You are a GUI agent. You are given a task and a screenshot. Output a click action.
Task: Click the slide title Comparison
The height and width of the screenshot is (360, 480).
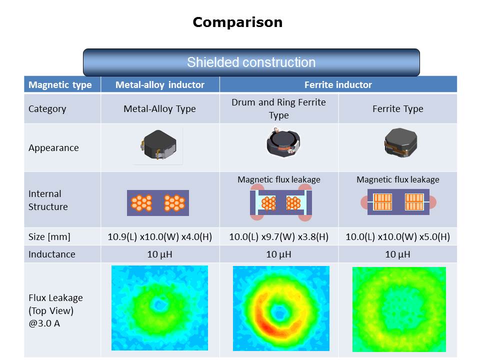pos(237,22)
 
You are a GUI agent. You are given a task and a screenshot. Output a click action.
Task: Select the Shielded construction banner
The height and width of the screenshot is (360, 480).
pos(251,62)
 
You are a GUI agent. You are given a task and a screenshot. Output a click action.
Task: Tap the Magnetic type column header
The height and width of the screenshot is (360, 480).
pos(60,84)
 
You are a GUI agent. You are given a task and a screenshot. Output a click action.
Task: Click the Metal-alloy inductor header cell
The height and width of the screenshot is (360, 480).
pos(160,84)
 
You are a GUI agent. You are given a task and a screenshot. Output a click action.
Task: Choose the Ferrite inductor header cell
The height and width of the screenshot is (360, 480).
pos(338,84)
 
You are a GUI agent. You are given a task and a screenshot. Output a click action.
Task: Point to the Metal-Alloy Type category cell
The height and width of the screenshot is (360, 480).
pos(160,108)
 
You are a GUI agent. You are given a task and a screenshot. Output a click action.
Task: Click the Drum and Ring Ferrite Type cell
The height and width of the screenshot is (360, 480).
pos(278,108)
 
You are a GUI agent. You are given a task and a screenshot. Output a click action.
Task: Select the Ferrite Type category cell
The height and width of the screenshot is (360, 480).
pos(397,108)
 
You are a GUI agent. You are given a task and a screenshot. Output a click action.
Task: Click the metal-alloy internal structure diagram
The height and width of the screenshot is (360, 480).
pos(158,202)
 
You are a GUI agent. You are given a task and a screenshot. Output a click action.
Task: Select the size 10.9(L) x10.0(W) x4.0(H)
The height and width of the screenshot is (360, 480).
pos(160,237)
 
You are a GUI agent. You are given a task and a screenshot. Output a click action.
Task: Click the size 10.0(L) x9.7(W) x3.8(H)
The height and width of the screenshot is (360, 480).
pos(278,237)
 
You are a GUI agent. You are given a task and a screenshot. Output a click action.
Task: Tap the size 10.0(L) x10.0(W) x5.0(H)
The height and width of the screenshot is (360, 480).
pos(397,237)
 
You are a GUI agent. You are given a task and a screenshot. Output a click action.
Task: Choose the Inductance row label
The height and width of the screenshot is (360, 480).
pos(52,254)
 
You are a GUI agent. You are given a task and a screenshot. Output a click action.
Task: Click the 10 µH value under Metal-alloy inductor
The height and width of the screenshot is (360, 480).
pos(160,254)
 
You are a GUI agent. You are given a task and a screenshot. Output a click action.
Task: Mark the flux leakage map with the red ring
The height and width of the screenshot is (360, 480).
pos(281,308)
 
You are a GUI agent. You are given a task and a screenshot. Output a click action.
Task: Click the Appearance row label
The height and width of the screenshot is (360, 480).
pos(53,147)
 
